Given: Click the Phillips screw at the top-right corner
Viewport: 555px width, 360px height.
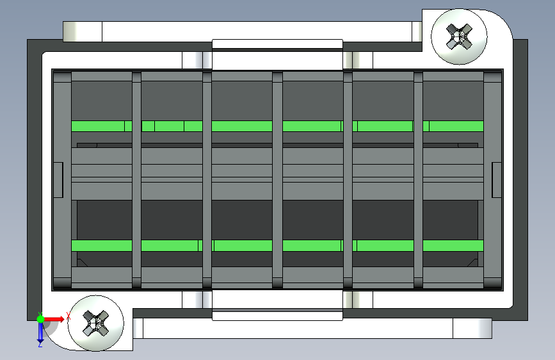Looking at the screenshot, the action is point(458,36).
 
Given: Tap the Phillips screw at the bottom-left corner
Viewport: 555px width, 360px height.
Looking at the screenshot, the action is point(96,322).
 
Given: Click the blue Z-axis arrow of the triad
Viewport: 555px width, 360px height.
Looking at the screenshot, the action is point(40,331).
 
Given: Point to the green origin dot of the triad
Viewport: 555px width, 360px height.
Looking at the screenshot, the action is point(40,318).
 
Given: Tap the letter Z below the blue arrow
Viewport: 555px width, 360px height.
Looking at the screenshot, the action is point(40,344).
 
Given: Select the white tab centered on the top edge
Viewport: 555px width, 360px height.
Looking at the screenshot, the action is point(277,44).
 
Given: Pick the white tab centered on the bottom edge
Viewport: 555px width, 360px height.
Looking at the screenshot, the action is point(277,315).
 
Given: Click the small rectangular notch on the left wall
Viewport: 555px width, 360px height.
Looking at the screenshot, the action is point(58,179).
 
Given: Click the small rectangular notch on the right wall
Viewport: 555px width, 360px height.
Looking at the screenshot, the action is point(496,179).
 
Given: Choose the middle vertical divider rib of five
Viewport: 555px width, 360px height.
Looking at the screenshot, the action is point(277,179).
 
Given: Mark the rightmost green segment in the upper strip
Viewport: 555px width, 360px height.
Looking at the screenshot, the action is point(456,126).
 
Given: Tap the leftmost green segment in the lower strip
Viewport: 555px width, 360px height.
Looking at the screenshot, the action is point(101,245).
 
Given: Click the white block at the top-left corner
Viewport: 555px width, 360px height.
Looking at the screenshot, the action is point(82,31).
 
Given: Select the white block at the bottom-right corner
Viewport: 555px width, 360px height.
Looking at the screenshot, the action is point(472,328).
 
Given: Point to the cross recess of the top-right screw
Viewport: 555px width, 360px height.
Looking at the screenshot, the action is point(458,36).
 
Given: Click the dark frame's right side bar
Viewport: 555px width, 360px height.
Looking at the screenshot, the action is point(520,179).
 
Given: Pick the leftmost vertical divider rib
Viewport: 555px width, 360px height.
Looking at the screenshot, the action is point(136,179).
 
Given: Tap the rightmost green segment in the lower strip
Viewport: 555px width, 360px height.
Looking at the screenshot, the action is point(453,245).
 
